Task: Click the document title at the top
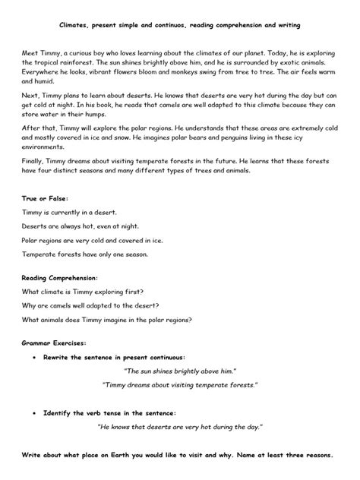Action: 180,25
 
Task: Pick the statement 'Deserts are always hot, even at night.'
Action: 81,225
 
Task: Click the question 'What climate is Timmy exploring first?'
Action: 84,292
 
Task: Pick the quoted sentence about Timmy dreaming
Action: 180,385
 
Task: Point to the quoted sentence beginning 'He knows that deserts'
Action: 180,428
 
